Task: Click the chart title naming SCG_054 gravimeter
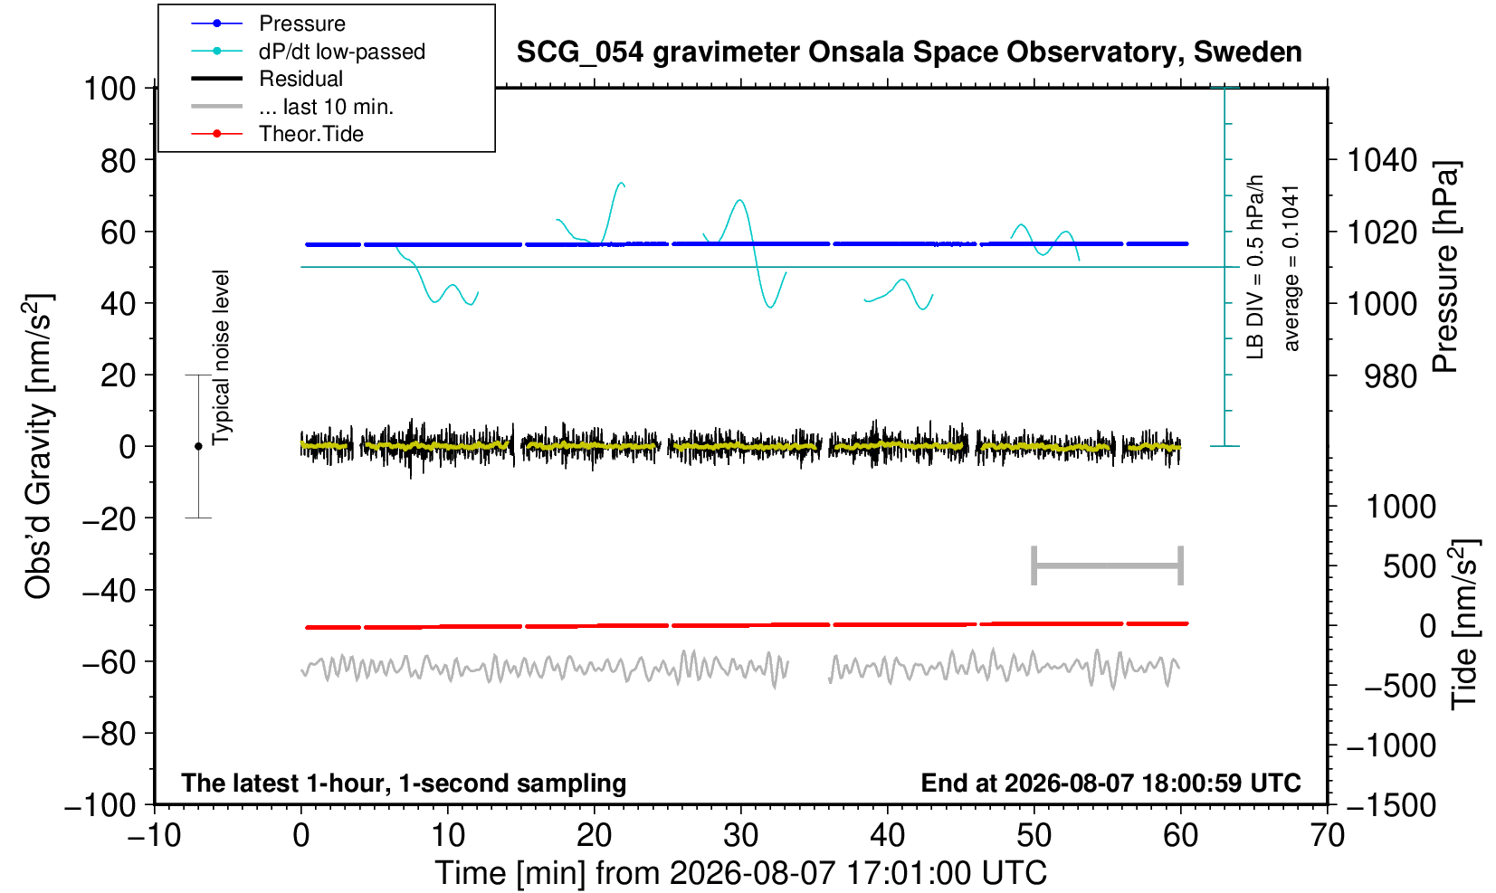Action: coord(909,52)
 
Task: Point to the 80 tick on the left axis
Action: coord(119,160)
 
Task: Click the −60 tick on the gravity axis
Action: coord(110,662)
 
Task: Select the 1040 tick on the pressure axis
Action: coord(1382,160)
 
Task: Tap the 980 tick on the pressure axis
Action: coord(1390,376)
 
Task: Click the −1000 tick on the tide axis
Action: coord(1391,746)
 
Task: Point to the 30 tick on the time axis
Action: coord(740,835)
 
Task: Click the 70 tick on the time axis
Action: coord(1327,835)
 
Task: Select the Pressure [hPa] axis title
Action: coord(1446,267)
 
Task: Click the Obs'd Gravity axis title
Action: coord(39,446)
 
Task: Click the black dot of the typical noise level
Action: coord(198,446)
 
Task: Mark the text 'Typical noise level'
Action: coord(221,358)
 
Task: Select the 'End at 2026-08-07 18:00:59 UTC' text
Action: coord(1110,783)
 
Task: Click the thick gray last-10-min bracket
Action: coord(1108,565)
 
